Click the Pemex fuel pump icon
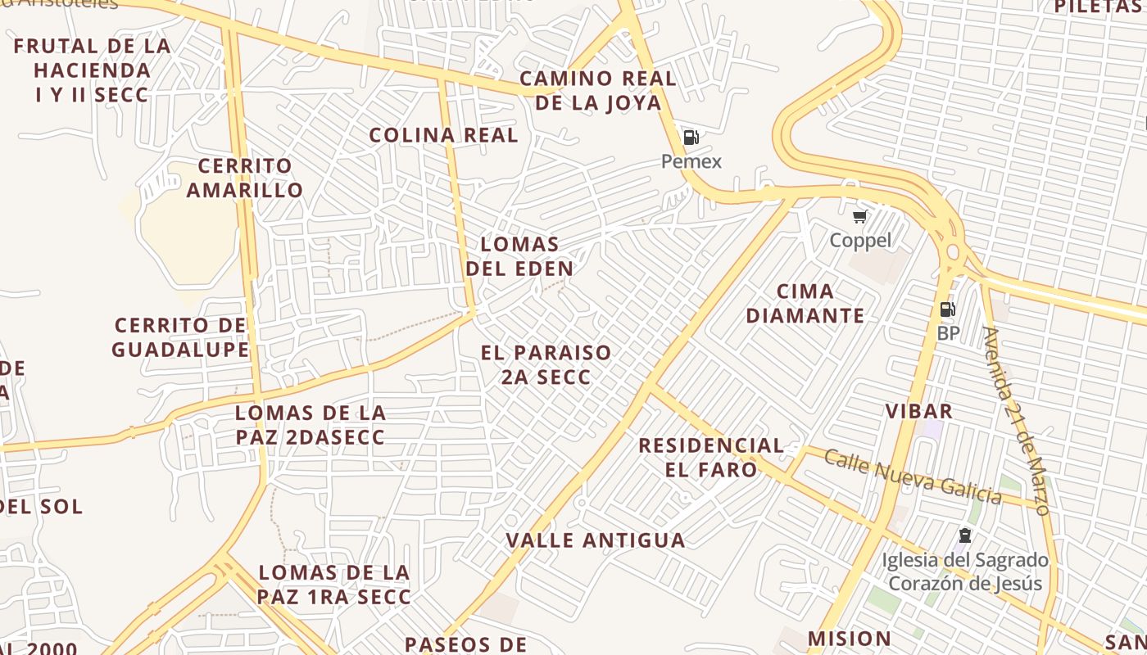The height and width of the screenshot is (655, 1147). pos(691,138)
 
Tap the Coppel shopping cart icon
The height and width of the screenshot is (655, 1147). pos(859,217)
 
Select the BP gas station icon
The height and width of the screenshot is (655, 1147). pos(947,309)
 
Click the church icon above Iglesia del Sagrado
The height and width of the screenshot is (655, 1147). pos(965,536)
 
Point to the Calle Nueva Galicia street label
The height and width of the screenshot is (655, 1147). pos(913,477)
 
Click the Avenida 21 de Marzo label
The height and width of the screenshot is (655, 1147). pos(1016,421)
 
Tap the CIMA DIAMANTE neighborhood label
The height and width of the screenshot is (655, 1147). pos(805,303)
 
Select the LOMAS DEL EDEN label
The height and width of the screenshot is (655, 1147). pos(519,255)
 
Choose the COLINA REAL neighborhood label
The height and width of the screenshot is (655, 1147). pos(443,135)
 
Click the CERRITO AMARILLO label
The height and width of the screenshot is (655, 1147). pos(245,178)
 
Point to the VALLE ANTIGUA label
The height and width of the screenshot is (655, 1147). pos(596,540)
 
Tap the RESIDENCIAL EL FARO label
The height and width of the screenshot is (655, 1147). pos(711,457)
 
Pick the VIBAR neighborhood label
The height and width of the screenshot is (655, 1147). pos(918,411)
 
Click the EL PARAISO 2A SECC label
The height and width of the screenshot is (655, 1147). pos(546,364)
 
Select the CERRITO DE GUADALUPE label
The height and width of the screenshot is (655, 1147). pos(180,337)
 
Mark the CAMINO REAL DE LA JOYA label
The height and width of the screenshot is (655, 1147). pos(598,90)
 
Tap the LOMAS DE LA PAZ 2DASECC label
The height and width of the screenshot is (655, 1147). pos(311,424)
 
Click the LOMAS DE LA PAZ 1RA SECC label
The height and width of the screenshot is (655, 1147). pos(333,585)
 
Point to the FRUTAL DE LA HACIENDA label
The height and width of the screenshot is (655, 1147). pos(92,70)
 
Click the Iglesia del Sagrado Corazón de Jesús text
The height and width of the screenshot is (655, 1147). pos(965,571)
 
